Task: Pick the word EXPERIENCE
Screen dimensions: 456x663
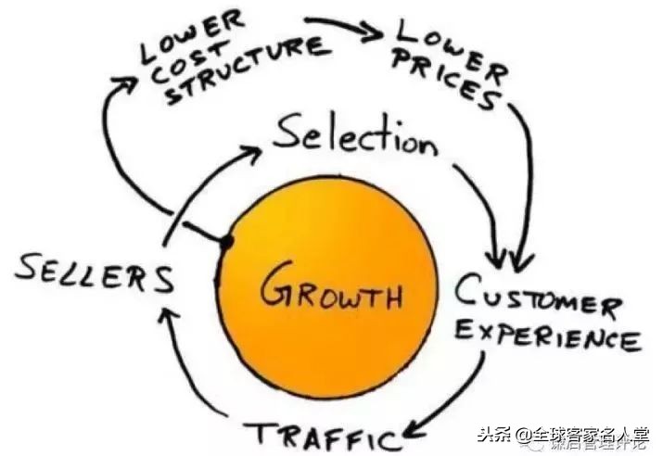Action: [547, 336]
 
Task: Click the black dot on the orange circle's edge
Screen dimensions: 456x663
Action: [226, 242]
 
